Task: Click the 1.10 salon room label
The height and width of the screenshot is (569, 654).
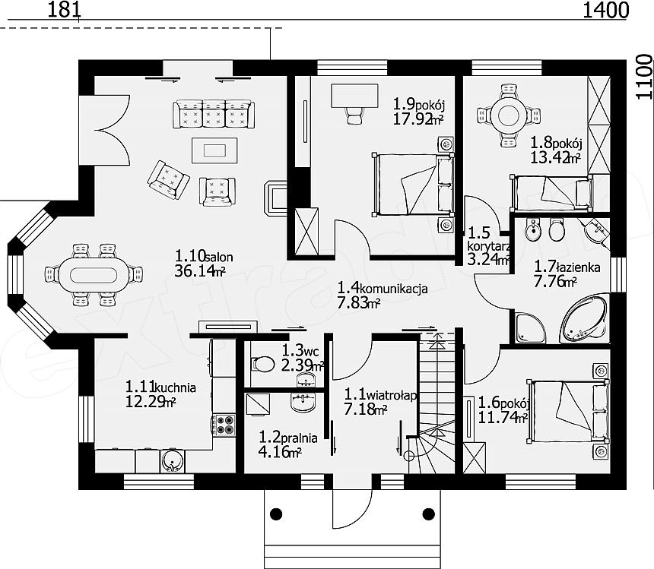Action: [204, 256]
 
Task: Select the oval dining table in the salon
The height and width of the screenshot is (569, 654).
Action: [94, 275]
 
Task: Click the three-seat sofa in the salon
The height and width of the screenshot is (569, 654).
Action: [213, 114]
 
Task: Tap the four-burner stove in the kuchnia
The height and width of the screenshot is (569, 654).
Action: [224, 425]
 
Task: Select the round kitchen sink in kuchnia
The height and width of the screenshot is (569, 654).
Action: [171, 460]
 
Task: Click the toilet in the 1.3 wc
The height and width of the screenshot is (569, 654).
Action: [262, 364]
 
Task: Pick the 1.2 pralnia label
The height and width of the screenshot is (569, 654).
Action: [287, 438]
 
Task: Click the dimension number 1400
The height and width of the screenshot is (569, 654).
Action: [605, 10]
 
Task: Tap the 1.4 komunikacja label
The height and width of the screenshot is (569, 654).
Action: [382, 288]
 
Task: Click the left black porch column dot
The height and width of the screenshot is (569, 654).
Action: [276, 514]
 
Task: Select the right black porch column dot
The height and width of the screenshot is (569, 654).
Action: [428, 514]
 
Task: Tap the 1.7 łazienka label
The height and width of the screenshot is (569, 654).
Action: [567, 267]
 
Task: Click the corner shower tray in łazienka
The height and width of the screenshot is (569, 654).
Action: [529, 328]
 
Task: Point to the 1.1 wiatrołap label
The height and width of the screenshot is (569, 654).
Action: [380, 394]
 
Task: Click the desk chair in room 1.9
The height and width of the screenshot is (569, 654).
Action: [355, 114]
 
